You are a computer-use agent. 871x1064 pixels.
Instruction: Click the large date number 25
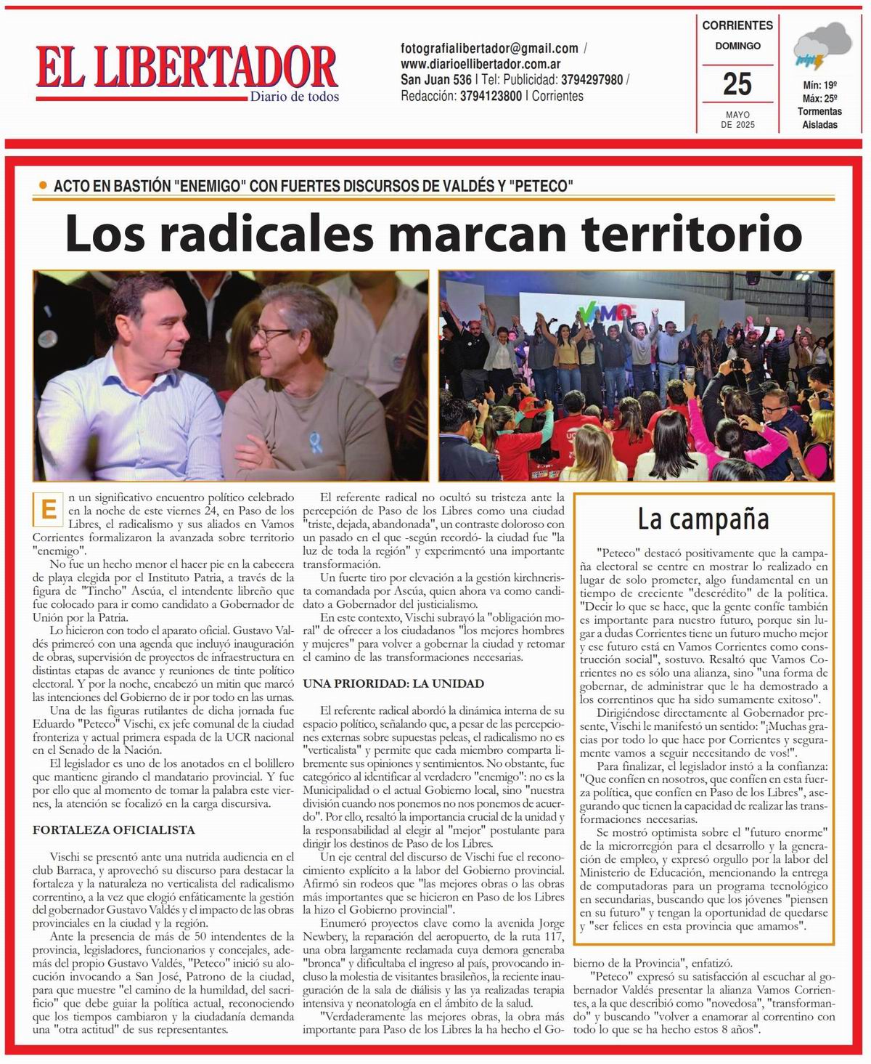tap(737, 84)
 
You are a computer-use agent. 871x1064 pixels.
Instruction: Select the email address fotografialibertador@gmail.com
tap(489, 49)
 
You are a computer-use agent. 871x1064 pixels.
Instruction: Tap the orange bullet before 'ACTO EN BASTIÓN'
tap(43, 185)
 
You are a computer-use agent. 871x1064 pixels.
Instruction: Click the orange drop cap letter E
tap(48, 509)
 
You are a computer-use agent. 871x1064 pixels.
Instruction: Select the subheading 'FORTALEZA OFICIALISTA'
tap(114, 829)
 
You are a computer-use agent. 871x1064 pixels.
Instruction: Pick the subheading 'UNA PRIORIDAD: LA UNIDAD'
tap(393, 683)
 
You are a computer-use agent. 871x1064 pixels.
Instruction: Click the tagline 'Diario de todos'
tap(294, 97)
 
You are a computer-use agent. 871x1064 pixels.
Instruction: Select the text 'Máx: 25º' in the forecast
tap(819, 98)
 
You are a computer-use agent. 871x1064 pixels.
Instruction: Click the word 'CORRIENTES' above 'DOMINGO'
tap(737, 25)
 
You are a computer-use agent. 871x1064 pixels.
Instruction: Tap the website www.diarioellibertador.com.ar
tap(481, 64)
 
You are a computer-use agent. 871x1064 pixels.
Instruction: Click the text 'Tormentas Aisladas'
tap(819, 118)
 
